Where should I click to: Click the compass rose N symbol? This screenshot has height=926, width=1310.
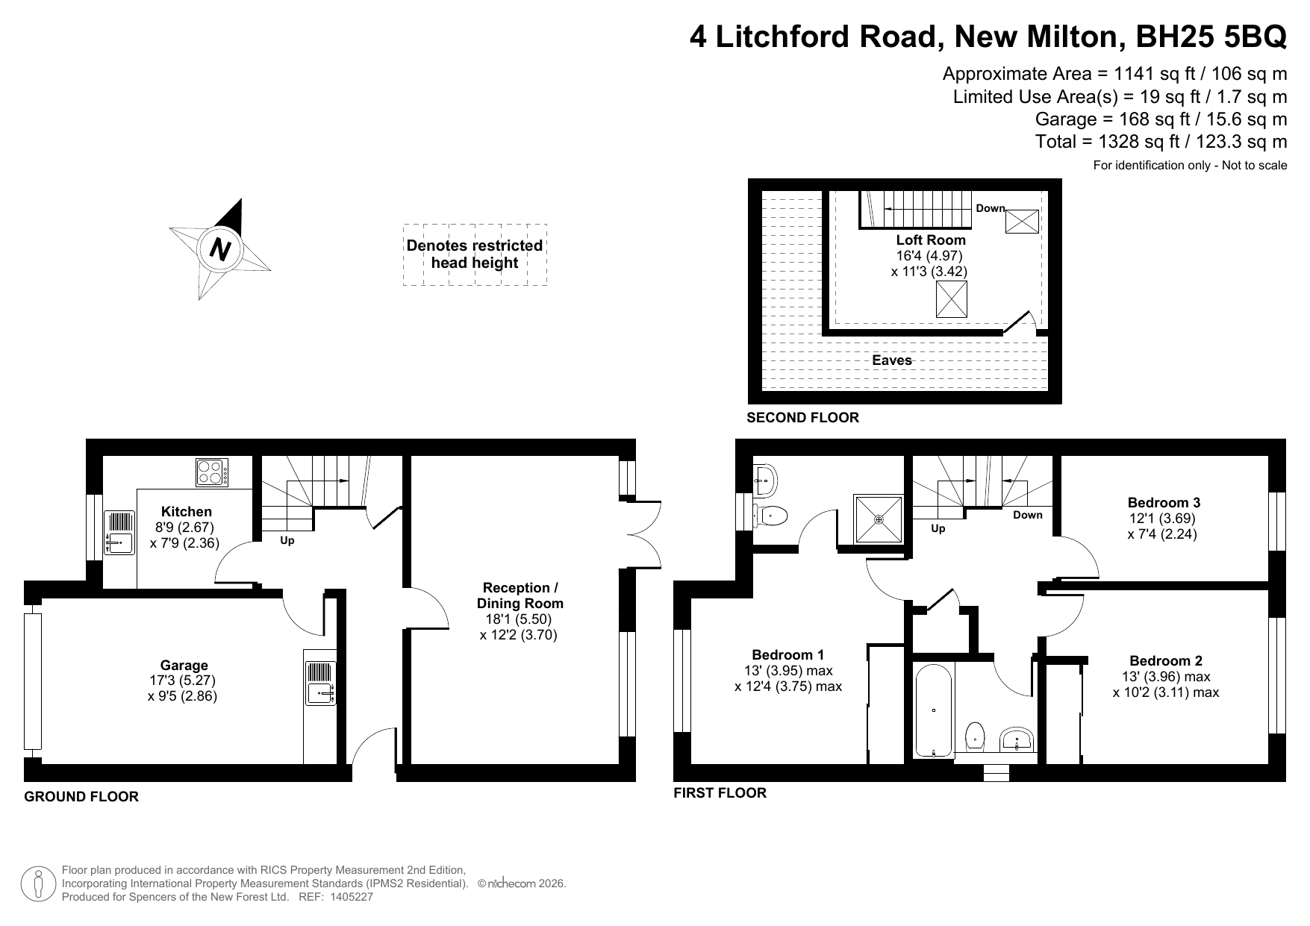click(x=219, y=248)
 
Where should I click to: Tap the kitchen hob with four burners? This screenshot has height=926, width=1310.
click(x=212, y=472)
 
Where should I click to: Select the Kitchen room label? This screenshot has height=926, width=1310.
click(x=187, y=512)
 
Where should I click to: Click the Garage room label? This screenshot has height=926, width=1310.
click(x=184, y=666)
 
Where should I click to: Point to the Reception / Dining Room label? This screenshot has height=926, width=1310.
click(x=520, y=595)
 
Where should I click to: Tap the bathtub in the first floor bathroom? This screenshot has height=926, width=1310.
click(x=934, y=710)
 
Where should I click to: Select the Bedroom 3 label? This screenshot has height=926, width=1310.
click(x=1164, y=502)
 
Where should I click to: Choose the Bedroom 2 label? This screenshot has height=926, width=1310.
click(x=1166, y=660)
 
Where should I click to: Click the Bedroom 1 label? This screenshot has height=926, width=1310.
click(x=788, y=654)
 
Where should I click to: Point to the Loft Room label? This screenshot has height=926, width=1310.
click(x=931, y=240)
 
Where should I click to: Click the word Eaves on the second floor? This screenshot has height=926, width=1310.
click(x=892, y=360)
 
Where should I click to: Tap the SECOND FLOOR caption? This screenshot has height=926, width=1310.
click(x=802, y=418)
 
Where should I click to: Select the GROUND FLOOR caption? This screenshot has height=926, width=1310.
click(x=81, y=797)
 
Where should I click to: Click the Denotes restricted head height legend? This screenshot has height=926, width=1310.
click(x=475, y=254)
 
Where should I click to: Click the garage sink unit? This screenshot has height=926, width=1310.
click(x=320, y=683)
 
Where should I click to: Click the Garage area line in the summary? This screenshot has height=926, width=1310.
click(x=1161, y=119)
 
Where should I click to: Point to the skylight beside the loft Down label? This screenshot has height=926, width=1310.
click(x=1022, y=222)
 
